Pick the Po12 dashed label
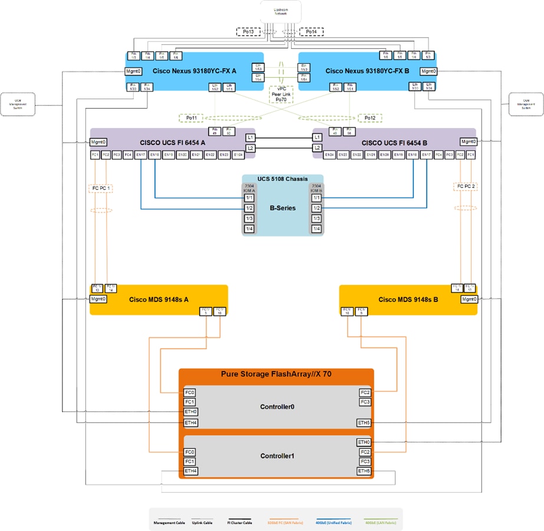tap(370, 118)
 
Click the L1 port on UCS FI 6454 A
tap(250, 137)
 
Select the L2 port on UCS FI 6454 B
tap(318, 147)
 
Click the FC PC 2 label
tap(464, 186)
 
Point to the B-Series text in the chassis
tap(282, 208)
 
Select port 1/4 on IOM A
tap(250, 228)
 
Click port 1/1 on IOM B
tap(316, 198)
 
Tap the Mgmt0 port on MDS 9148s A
tap(98, 299)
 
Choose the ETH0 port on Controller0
tap(190, 412)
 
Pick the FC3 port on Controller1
tap(364, 461)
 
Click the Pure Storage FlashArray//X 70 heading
tap(276, 374)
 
